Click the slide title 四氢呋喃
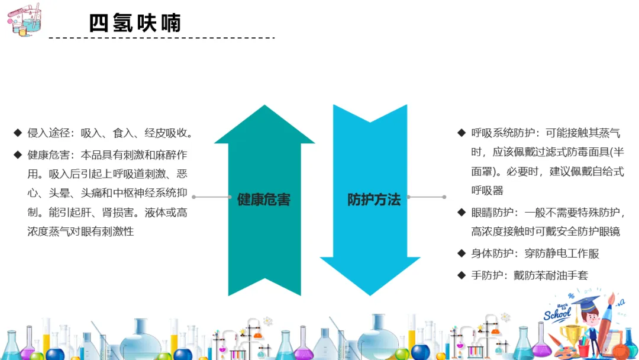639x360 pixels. point(135,23)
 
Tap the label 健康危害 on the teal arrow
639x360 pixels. point(264,200)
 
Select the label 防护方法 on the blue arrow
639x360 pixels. point(374,200)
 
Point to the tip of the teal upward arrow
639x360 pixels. point(264,107)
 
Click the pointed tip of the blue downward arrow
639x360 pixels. point(370,294)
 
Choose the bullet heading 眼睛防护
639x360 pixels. point(490,212)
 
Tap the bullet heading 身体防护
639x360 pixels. point(490,253)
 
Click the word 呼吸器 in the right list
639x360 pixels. point(487,190)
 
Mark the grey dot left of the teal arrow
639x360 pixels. point(193,197)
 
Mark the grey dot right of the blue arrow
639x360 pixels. point(444,197)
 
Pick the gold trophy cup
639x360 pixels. point(572,335)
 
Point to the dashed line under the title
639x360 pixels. point(162,38)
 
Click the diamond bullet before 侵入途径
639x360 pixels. point(17,132)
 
